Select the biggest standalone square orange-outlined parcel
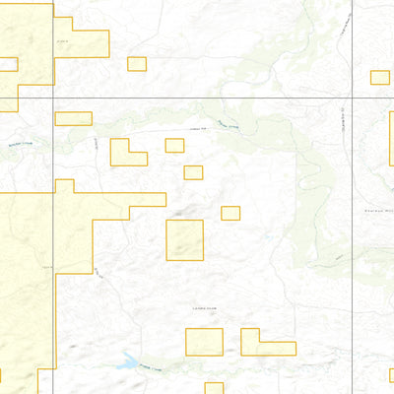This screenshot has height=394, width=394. click(x=184, y=240)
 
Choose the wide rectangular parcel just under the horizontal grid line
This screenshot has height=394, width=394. click(x=73, y=118)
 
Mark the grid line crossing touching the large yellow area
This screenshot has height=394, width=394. click(x=52, y=99)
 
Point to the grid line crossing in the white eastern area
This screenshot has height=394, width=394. click(x=354, y=99)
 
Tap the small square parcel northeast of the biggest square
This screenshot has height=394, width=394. click(x=230, y=213)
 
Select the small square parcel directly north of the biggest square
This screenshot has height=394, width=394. click(x=193, y=172)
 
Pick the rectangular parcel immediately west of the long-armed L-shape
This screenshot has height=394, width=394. click(x=204, y=342)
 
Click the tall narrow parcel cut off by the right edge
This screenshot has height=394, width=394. click(x=391, y=138)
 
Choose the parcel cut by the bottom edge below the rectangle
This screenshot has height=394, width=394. click(x=214, y=388)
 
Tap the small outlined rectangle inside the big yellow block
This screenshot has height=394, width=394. click(x=8, y=65)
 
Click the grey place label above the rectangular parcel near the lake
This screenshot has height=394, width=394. click(x=204, y=309)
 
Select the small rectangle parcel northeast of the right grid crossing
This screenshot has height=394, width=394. click(x=379, y=77)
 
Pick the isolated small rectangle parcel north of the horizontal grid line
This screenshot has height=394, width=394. click(x=136, y=64)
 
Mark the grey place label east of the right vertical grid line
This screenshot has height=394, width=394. click(x=377, y=210)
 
